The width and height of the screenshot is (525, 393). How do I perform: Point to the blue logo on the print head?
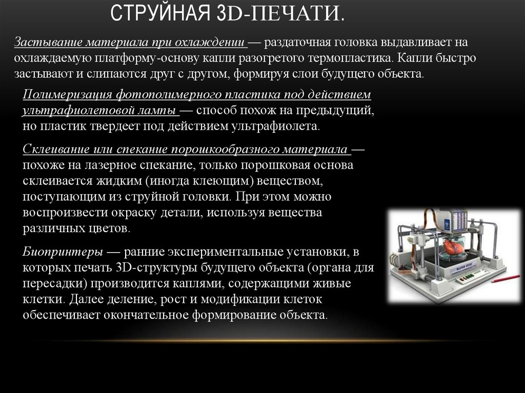click(447, 223)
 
